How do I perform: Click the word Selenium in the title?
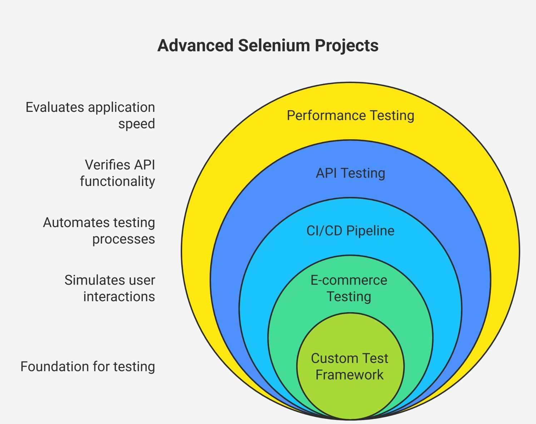click(x=273, y=46)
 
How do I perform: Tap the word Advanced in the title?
click(x=195, y=46)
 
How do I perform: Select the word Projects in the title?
click(x=347, y=46)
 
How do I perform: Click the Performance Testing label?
click(x=351, y=115)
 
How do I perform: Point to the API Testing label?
click(x=351, y=173)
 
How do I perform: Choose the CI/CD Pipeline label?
click(x=351, y=231)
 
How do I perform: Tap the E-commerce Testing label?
click(x=349, y=288)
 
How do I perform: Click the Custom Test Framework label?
click(x=349, y=367)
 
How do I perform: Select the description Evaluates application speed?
click(x=90, y=115)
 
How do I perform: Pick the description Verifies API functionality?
click(x=118, y=173)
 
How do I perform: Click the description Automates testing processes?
click(x=99, y=231)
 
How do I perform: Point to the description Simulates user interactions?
click(x=110, y=288)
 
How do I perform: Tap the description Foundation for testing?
click(x=88, y=367)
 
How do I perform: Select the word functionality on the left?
click(x=118, y=181)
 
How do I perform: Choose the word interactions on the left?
click(x=119, y=297)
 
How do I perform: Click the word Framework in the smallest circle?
click(x=349, y=375)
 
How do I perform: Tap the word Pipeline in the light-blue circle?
click(x=371, y=231)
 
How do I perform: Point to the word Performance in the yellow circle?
click(x=326, y=115)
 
